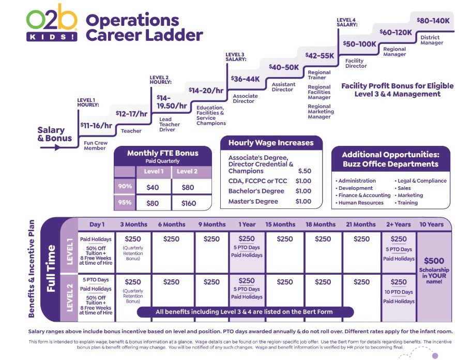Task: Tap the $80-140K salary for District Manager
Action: coord(433,21)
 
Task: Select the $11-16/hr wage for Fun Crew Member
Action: coord(96,125)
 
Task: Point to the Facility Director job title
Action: coord(356,63)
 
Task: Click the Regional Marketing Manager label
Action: coord(321,112)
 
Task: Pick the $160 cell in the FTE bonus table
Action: coord(189,203)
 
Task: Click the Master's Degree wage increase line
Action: coord(253,201)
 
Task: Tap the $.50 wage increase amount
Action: coord(305,171)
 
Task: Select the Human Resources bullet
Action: coord(361,203)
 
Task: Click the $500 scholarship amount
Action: coord(434,261)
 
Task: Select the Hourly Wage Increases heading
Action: coord(271,143)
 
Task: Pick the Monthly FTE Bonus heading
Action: coord(162,153)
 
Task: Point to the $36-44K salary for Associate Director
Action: coord(245,79)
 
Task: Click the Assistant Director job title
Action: coord(283,87)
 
